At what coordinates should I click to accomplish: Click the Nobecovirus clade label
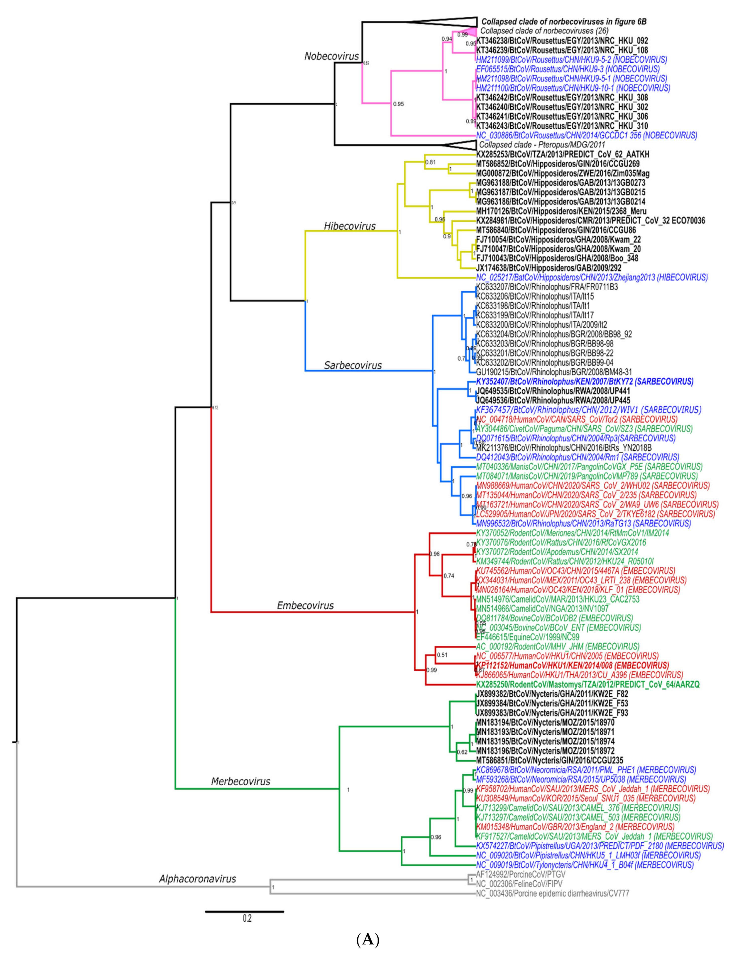(x=332, y=56)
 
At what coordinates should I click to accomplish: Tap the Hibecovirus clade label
(x=350, y=226)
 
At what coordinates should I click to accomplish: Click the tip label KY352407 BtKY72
(x=584, y=382)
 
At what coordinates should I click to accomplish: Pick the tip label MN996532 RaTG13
(x=583, y=524)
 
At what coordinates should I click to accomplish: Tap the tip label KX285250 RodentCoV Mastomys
(x=588, y=684)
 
